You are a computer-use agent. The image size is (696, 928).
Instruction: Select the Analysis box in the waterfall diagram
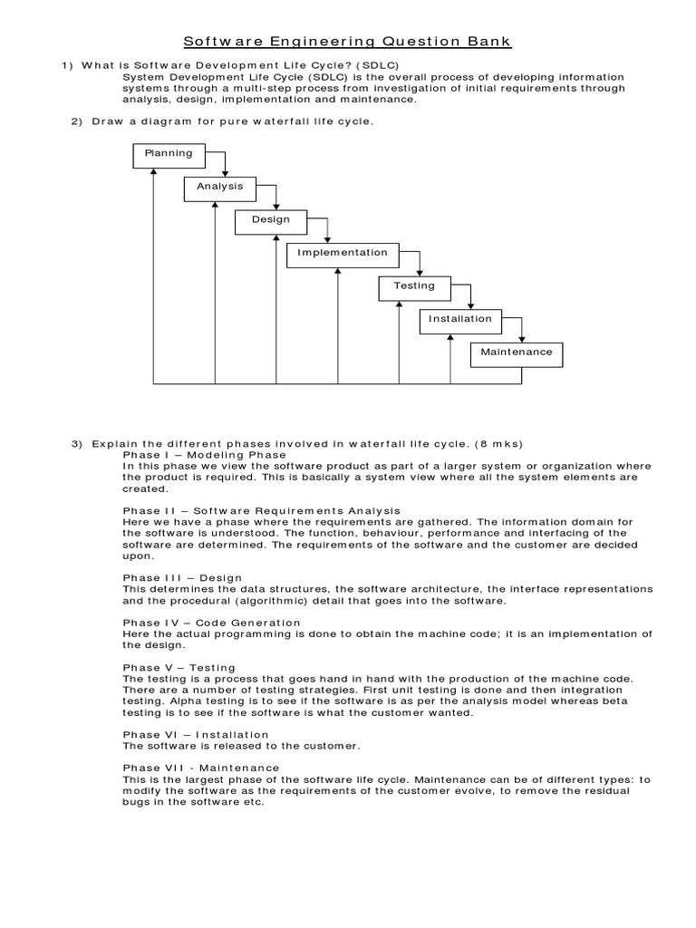pyautogui.click(x=220, y=188)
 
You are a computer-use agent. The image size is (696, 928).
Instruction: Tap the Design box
pyautogui.click(x=271, y=220)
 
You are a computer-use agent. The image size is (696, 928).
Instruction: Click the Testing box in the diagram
pyautogui.click(x=414, y=286)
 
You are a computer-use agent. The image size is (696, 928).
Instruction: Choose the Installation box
pyautogui.click(x=460, y=320)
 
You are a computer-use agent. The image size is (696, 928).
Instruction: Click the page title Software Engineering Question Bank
pyautogui.click(x=348, y=42)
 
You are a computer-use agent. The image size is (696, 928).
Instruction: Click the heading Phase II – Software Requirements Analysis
pyautogui.click(x=261, y=511)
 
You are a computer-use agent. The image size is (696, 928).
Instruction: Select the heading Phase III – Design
pyautogui.click(x=182, y=577)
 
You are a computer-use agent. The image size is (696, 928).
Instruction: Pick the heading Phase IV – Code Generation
pyautogui.click(x=211, y=623)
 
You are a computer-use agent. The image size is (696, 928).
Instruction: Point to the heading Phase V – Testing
pyautogui.click(x=179, y=668)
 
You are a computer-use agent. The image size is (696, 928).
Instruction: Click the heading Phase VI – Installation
pyautogui.click(x=195, y=734)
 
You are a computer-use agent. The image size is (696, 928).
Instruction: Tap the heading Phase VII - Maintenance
pyautogui.click(x=200, y=768)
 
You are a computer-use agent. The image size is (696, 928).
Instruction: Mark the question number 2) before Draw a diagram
pyautogui.click(x=76, y=121)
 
